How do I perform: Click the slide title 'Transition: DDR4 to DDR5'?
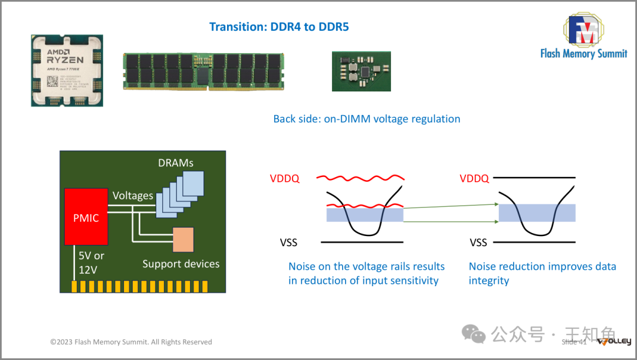click(279, 27)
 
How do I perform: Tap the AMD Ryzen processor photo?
click(67, 70)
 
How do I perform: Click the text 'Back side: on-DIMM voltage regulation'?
click(366, 119)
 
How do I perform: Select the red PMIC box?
click(86, 217)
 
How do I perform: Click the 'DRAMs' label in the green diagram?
click(176, 162)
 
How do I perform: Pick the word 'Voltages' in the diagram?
click(133, 195)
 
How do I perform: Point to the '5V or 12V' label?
click(92, 263)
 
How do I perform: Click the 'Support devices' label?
click(180, 264)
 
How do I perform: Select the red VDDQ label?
click(284, 178)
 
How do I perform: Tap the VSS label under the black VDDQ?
click(478, 242)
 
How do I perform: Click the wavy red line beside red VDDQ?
click(360, 178)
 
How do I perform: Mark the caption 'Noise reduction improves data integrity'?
click(542, 273)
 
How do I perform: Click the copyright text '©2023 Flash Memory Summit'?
click(131, 342)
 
